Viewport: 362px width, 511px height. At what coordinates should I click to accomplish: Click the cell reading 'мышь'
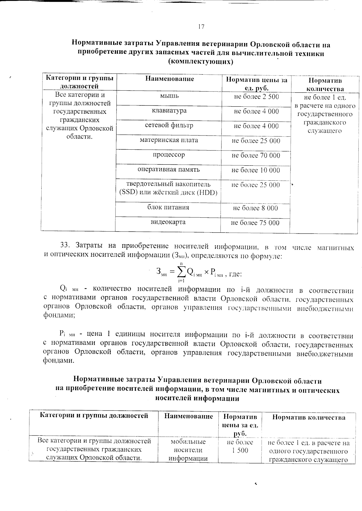[169, 96]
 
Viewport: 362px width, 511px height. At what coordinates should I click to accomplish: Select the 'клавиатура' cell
[169, 111]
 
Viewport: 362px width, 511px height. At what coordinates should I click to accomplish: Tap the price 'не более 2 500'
[256, 97]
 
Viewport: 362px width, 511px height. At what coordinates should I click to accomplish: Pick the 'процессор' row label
[169, 155]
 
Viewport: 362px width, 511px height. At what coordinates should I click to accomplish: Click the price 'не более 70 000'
[256, 155]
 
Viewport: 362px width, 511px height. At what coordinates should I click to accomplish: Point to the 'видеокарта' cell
[168, 222]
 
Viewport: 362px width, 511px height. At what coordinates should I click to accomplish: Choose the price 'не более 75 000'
[255, 223]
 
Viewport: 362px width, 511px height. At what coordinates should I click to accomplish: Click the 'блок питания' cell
[168, 207]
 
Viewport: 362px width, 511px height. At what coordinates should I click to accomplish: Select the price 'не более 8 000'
[256, 208]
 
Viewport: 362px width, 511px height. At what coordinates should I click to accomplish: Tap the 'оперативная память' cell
[169, 170]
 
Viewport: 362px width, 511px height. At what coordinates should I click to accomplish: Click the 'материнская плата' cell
[169, 140]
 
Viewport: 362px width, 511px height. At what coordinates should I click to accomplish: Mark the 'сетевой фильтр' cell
[169, 125]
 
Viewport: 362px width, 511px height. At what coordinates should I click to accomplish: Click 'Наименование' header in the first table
[170, 79]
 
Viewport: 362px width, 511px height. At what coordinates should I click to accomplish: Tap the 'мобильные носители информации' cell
[188, 450]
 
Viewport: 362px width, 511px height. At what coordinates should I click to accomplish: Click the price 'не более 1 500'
[240, 446]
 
